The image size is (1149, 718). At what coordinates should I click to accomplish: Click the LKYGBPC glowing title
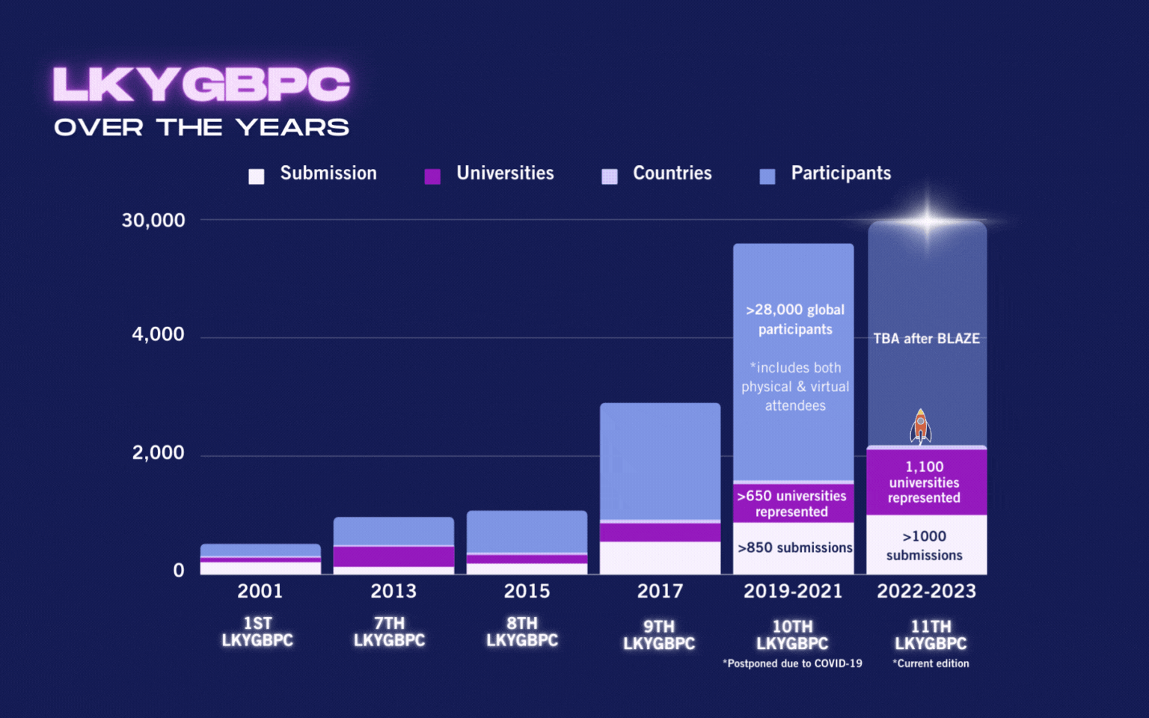pos(201,84)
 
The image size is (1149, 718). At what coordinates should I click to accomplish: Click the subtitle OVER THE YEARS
pos(201,128)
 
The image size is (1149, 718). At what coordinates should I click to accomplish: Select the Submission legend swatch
pos(257,177)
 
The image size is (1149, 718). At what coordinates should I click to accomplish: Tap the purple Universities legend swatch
pos(432,177)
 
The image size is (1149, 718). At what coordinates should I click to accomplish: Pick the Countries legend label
pos(672,174)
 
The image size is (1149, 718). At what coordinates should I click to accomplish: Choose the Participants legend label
pos(841,174)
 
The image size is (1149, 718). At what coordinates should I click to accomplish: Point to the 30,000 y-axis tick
pos(153,221)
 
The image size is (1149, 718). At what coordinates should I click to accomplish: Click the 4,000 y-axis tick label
pos(158,334)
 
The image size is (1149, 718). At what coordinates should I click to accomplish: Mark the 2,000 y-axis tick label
pos(158,452)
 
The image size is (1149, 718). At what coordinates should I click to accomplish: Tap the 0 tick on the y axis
pos(179,571)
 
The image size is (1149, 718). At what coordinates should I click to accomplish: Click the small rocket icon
pos(920,426)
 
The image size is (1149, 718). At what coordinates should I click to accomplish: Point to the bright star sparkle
pos(927,221)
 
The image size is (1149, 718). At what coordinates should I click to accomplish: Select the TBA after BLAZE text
pos(926,339)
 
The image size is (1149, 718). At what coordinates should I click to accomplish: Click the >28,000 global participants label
pos(794,319)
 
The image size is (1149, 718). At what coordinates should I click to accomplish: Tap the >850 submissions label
pos(794,548)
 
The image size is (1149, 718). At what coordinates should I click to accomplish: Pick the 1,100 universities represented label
pos(925,482)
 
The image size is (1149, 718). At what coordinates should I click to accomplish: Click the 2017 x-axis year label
pos(660,592)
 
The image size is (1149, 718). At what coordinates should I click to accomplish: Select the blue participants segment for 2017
pos(660,460)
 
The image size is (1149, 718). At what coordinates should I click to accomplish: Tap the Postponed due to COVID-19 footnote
pos(792,663)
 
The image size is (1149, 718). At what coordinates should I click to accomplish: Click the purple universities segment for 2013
pos(393,556)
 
